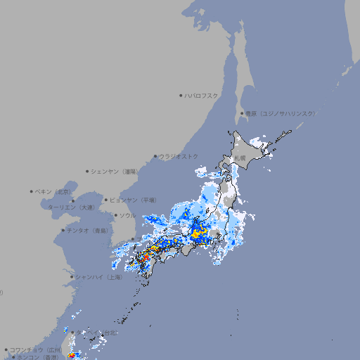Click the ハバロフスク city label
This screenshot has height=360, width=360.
pyautogui.click(x=202, y=95)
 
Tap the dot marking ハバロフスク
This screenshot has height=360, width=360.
pyautogui.click(x=181, y=95)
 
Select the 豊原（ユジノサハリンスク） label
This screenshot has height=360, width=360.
pyautogui.click(x=281, y=113)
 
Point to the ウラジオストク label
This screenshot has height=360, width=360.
pyautogui.click(x=179, y=156)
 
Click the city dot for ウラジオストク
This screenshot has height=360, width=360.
pyautogui.click(x=155, y=156)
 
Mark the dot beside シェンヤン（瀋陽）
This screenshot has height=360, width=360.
pyautogui.click(x=88, y=171)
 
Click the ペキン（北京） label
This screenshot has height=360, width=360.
pyautogui.click(x=54, y=191)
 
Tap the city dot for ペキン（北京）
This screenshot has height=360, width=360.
pyautogui.click(x=32, y=191)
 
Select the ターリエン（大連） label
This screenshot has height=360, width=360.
pyautogui.click(x=70, y=207)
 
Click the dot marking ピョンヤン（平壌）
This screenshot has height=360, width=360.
pyautogui.click(x=107, y=200)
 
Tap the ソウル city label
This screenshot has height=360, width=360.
pyautogui.click(x=127, y=215)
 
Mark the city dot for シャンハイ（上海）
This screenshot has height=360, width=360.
pyautogui.click(x=72, y=277)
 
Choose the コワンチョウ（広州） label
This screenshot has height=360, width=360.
pyautogui.click(x=35, y=349)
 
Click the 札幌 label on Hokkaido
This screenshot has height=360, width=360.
pyautogui.click(x=240, y=158)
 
